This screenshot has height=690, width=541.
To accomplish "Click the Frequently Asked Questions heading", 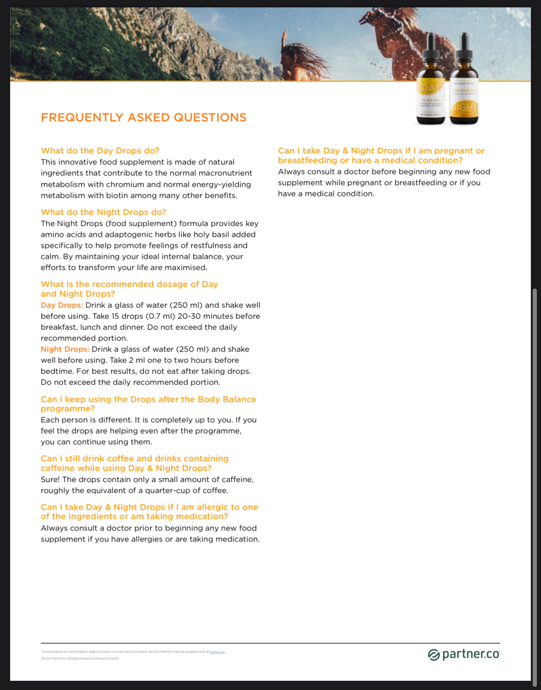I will (144, 117).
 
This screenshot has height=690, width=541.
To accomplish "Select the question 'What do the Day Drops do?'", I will (100, 150).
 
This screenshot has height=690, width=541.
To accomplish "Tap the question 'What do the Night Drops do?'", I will (104, 212).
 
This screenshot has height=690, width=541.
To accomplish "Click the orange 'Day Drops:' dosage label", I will (62, 305).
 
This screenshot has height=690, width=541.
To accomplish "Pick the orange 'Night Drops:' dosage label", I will (65, 349).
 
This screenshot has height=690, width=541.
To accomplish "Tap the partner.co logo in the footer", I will (463, 654).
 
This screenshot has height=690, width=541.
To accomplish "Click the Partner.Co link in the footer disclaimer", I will (217, 651).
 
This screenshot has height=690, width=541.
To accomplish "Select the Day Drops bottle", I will (430, 83).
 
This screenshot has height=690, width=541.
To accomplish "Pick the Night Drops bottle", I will (464, 83).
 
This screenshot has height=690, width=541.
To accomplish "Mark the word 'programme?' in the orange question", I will (68, 409).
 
